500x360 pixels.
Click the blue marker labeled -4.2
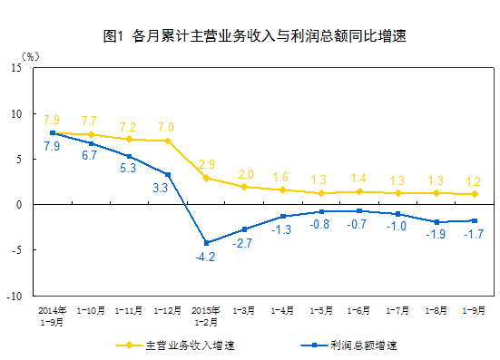click(206, 243)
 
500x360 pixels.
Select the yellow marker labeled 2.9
click(206, 178)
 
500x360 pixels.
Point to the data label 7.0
click(166, 127)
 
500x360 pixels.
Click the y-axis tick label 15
click(17, 68)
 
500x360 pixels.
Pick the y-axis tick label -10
click(15, 297)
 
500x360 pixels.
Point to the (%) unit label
click(35, 55)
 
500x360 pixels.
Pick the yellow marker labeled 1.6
click(283, 190)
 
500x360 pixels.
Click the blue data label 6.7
click(89, 156)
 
